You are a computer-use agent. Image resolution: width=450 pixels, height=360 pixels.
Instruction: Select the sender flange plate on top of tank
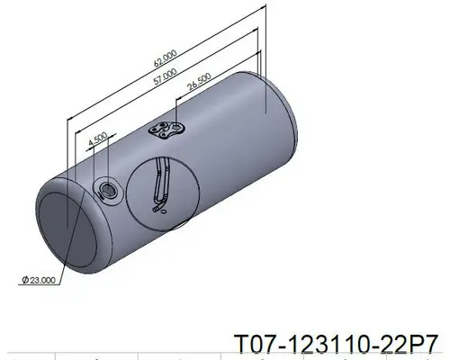point(166,131)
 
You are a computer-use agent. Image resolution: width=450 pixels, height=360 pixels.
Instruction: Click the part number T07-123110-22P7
point(337,344)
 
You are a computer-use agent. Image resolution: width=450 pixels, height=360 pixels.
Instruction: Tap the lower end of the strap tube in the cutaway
point(160,211)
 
